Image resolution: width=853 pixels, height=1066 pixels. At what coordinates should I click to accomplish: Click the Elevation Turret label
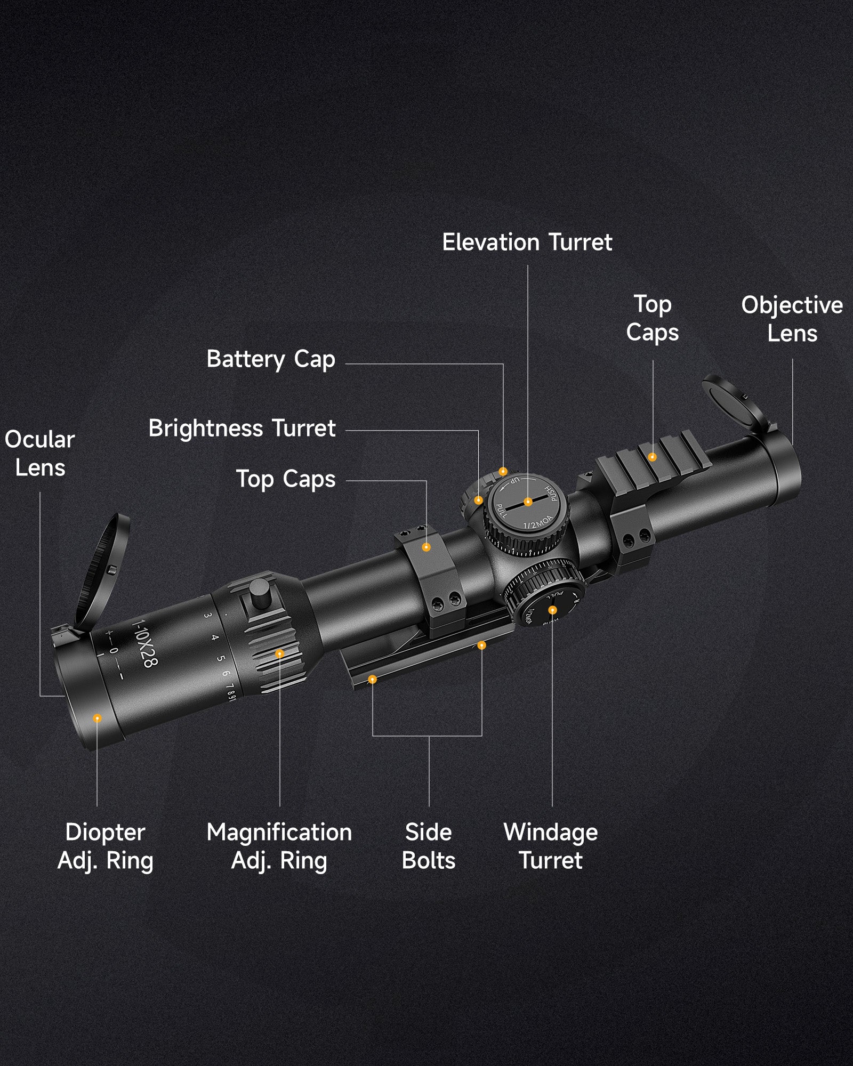click(x=527, y=243)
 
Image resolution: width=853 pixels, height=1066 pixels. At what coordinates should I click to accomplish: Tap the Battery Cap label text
click(x=271, y=359)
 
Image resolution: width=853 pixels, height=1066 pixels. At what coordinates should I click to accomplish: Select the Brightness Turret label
click(x=242, y=428)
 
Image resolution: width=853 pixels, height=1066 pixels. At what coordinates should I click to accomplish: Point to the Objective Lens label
click(x=792, y=319)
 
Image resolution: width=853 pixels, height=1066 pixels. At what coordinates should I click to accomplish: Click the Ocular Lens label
click(x=40, y=453)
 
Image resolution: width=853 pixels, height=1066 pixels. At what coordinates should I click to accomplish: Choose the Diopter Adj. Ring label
click(x=105, y=846)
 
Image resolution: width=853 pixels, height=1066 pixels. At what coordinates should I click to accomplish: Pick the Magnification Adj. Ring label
click(x=279, y=846)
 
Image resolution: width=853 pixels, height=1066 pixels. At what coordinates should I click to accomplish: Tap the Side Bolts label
click(x=429, y=846)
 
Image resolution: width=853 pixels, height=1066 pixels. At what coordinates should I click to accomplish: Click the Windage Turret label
click(x=551, y=846)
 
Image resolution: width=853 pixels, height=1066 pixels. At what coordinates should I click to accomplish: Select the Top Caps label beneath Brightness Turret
click(x=286, y=479)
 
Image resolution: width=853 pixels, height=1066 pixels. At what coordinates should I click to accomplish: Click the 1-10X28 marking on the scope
click(x=144, y=643)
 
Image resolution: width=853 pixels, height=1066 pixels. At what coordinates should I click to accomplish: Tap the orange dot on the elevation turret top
click(x=528, y=502)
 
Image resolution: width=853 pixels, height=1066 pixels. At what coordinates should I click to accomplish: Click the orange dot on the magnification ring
click(x=279, y=653)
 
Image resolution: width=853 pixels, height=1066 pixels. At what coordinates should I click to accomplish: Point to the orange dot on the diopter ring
click(x=97, y=718)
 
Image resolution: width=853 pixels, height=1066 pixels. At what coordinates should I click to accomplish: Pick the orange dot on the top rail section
click(x=652, y=457)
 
